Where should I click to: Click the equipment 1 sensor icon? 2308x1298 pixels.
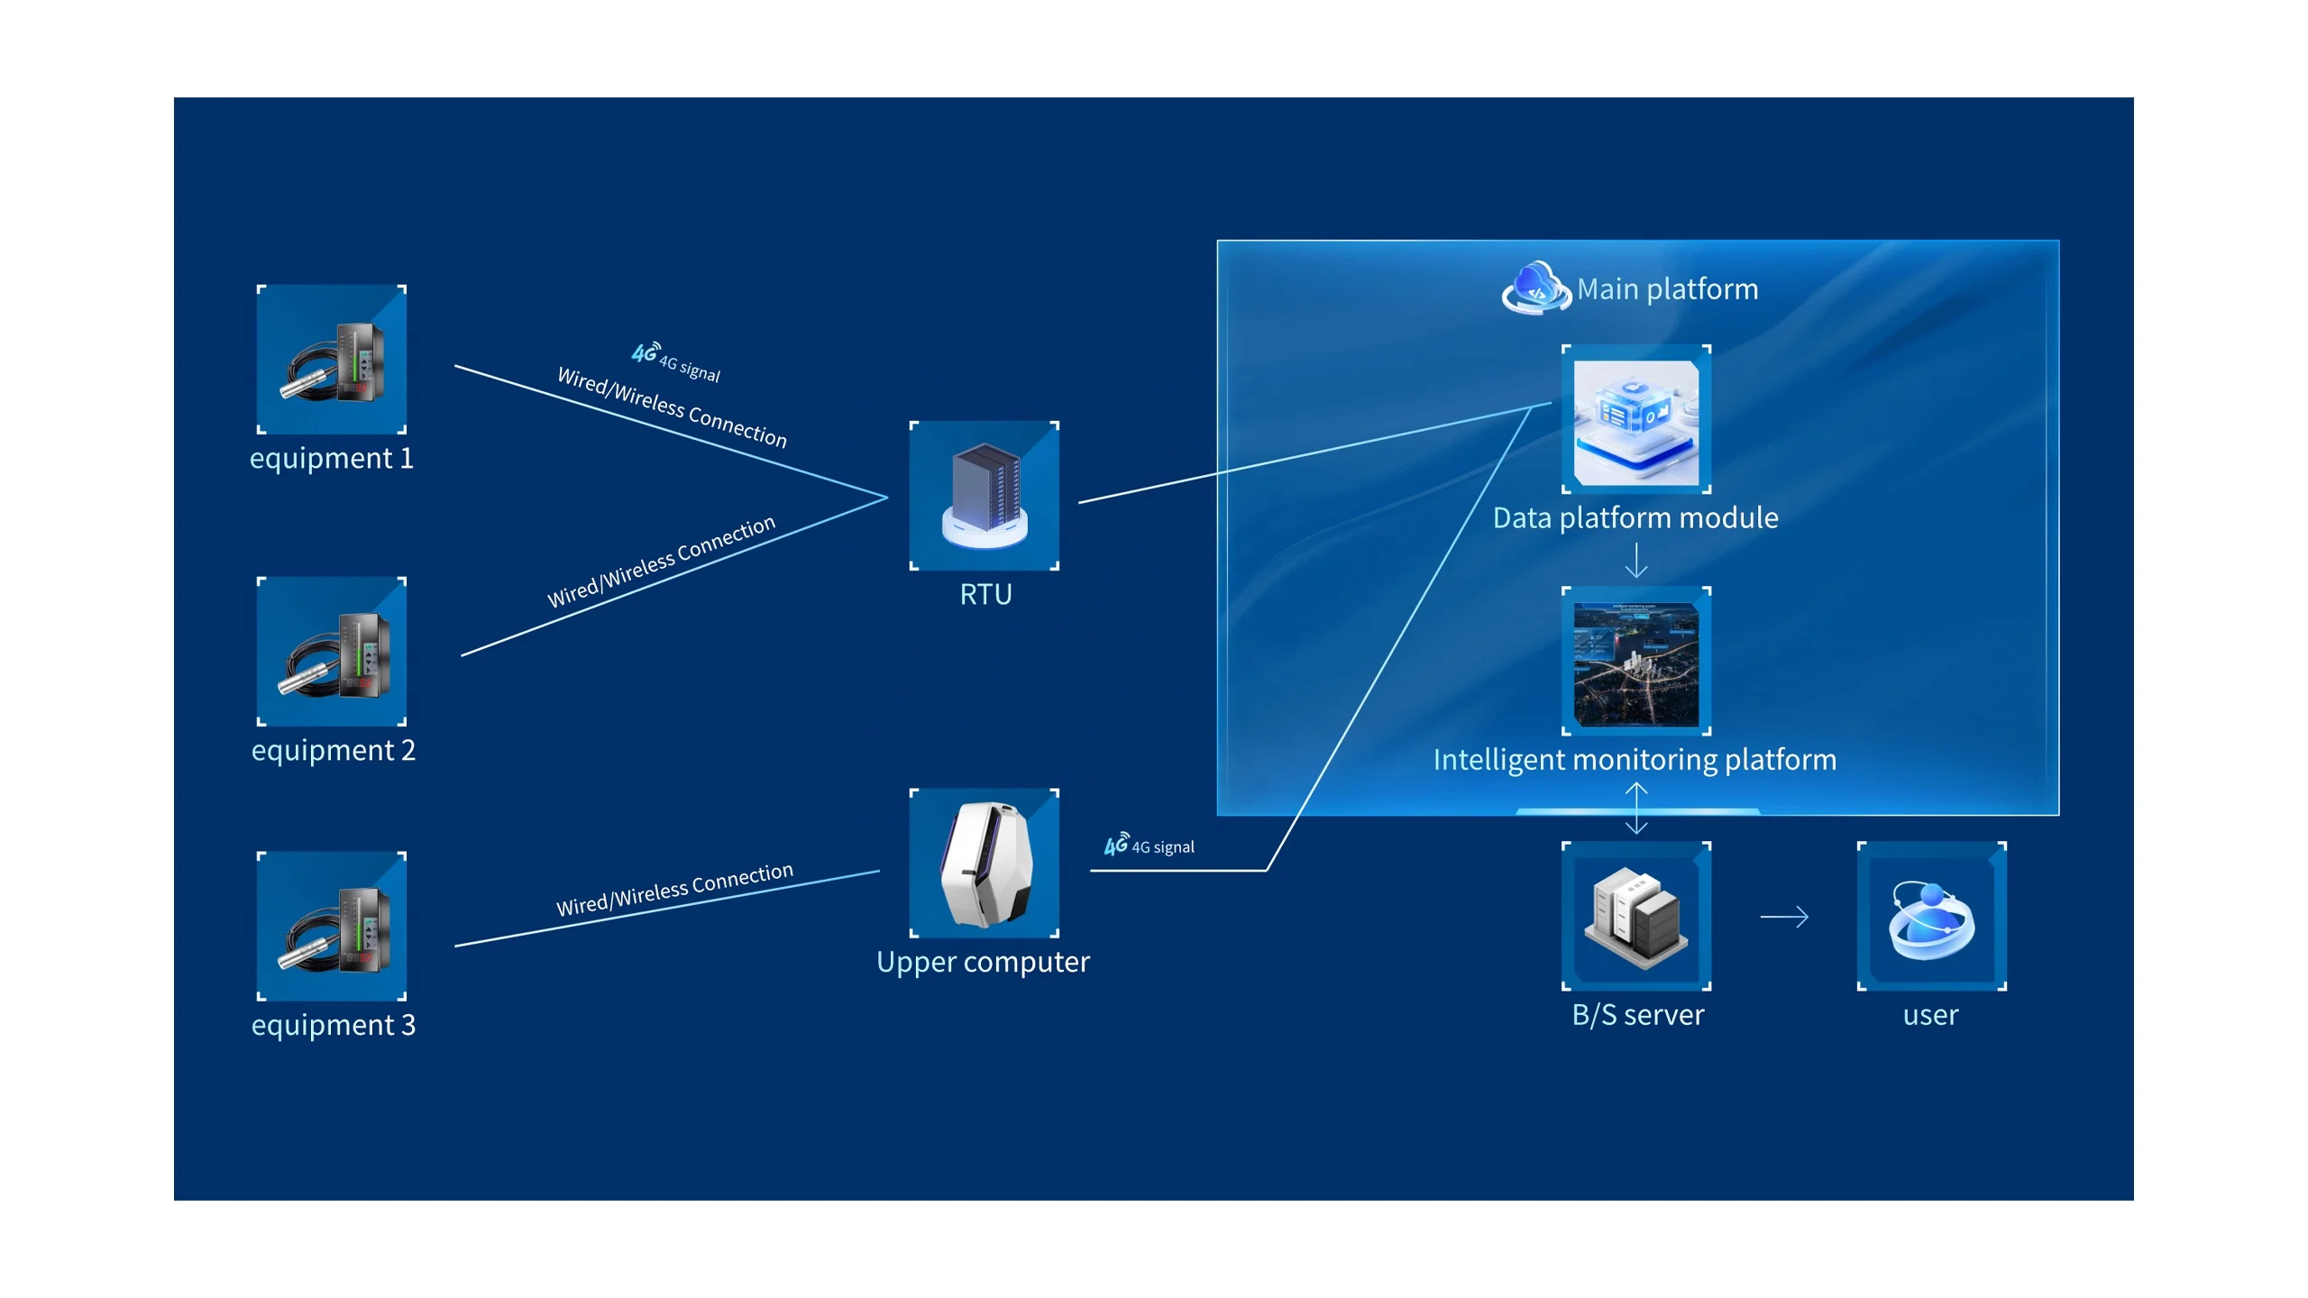click(332, 360)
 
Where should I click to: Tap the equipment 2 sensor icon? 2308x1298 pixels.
click(332, 652)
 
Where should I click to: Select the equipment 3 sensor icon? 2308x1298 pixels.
click(332, 926)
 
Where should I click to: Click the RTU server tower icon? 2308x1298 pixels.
click(985, 496)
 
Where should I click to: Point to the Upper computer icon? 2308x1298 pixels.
click(985, 864)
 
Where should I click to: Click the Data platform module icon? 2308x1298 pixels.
click(1636, 420)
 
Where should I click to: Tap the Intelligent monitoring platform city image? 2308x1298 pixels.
click(1636, 663)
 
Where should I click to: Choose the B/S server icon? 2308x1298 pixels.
click(1636, 917)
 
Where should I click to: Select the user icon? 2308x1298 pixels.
click(1931, 917)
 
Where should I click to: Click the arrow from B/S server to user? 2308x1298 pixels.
click(1784, 917)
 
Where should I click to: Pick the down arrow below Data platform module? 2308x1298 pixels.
click(1636, 560)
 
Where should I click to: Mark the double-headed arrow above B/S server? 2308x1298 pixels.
click(1636, 808)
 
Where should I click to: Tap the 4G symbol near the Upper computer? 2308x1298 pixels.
click(1116, 845)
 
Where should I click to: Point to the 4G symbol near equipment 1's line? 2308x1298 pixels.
click(645, 352)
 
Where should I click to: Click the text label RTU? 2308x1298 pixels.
click(985, 595)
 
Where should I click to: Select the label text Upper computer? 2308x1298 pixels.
click(983, 963)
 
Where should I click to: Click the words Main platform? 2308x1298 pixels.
click(1667, 289)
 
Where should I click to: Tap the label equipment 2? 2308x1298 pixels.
click(333, 751)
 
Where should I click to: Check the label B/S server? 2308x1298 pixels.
click(1637, 1016)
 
